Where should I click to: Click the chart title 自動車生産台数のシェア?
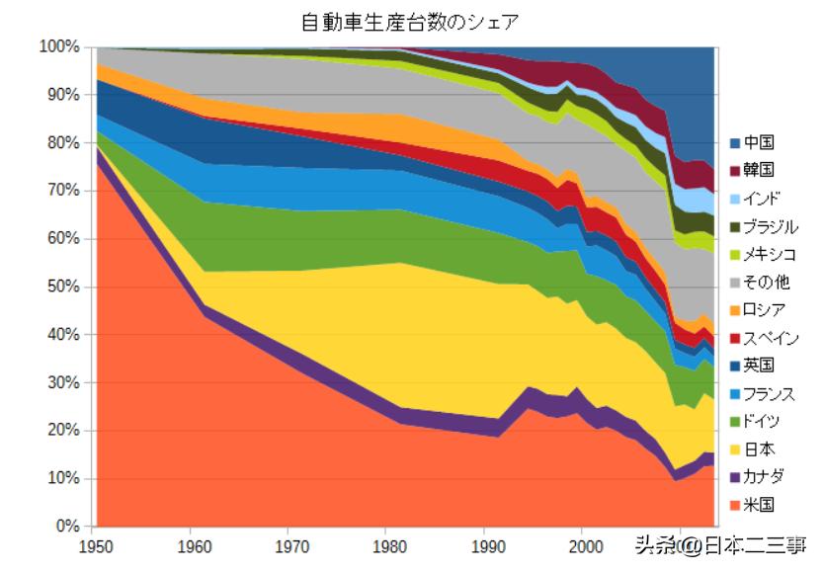pos(410,21)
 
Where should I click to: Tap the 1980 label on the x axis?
pos(386,543)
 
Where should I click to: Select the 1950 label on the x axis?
pos(95,543)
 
